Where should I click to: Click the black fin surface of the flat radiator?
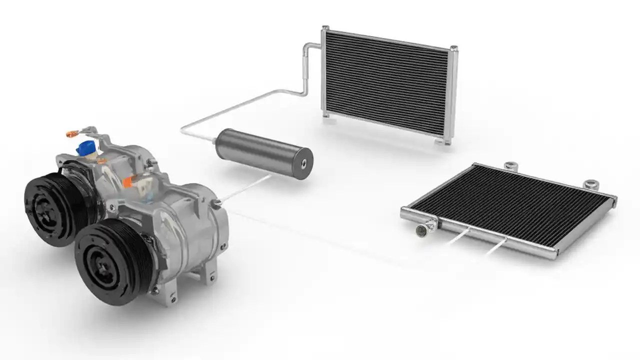coord(515,205)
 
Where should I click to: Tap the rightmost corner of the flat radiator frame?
coord(614,200)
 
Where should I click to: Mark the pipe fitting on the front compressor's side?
coord(216,202)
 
